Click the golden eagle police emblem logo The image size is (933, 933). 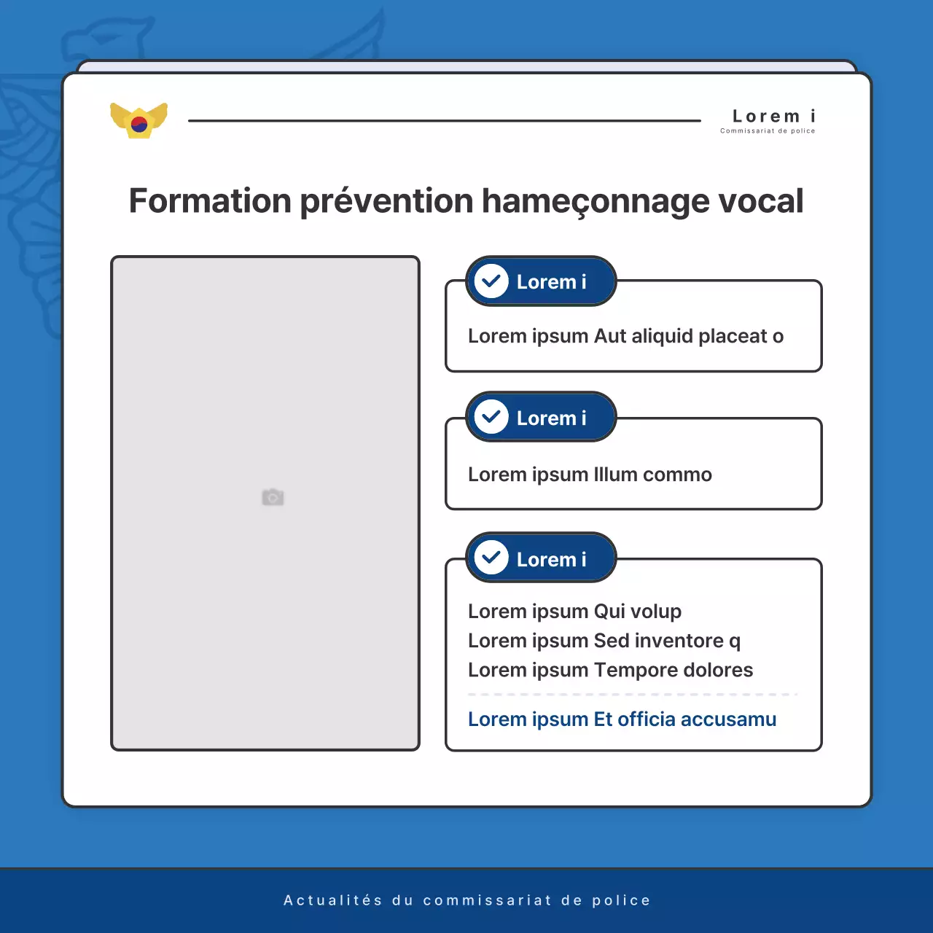click(x=138, y=120)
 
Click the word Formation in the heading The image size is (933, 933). click(x=210, y=201)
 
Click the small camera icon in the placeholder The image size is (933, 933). click(x=273, y=497)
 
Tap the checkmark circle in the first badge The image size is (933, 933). click(x=491, y=281)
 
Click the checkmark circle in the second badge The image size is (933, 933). click(x=491, y=418)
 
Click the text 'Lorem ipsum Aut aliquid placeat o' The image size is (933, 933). click(x=625, y=336)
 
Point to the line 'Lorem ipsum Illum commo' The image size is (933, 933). click(x=590, y=475)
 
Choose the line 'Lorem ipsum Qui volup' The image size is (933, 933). click(x=574, y=612)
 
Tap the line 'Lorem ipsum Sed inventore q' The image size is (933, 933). click(x=604, y=641)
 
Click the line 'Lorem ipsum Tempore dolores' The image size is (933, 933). click(x=610, y=670)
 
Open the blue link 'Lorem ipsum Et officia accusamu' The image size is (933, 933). click(x=622, y=719)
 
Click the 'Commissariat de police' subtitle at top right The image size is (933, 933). click(x=768, y=131)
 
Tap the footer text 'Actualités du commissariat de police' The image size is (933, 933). click(x=466, y=900)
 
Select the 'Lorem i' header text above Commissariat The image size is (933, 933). click(x=773, y=116)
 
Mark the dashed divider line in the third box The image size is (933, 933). click(x=633, y=695)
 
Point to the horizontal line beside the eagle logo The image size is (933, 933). click(x=444, y=120)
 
